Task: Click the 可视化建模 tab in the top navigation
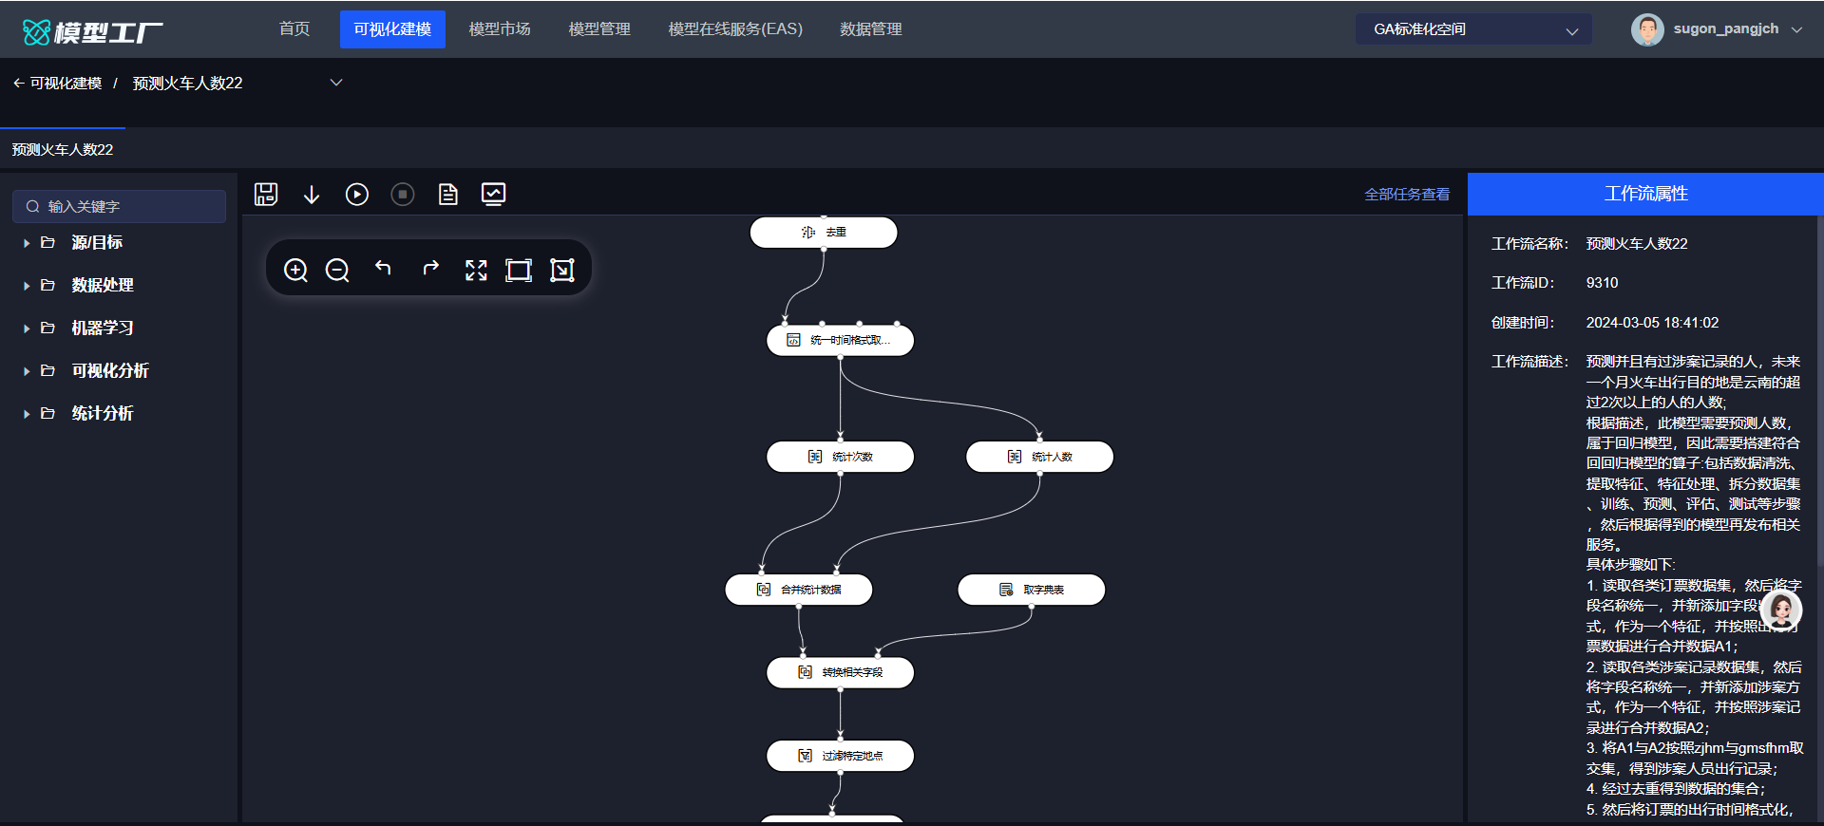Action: coord(392,29)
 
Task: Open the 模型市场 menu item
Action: coord(500,29)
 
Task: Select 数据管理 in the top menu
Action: coord(871,29)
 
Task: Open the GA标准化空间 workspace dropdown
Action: coord(1473,29)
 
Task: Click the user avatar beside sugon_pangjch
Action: coord(1647,29)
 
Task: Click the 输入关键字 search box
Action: coord(120,206)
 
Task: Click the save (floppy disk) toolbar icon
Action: coord(266,195)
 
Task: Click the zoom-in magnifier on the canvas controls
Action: coord(295,271)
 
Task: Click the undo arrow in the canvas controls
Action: coord(383,269)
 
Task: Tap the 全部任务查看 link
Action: coord(1407,195)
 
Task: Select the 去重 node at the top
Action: coord(824,233)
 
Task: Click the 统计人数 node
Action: coord(1039,457)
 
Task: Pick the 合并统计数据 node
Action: coord(799,590)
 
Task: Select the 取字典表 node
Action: coord(1032,590)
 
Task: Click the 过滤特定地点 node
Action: coord(841,756)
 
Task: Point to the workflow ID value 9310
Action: coord(1602,283)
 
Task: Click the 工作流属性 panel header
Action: coord(1645,194)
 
